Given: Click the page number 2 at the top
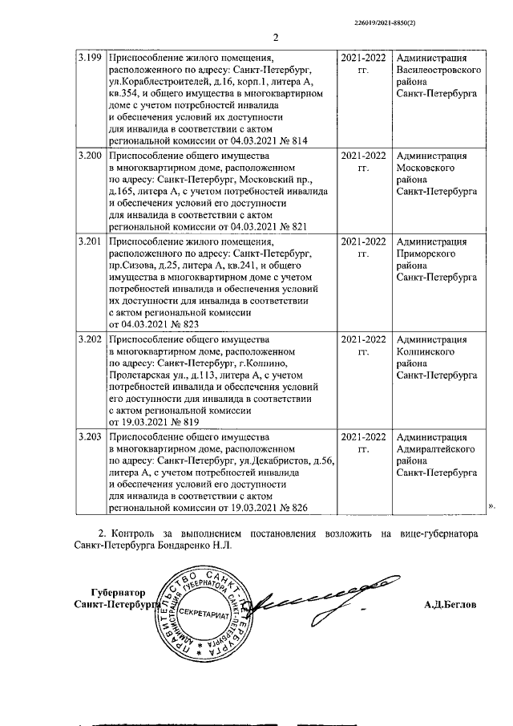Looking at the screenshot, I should (274, 37).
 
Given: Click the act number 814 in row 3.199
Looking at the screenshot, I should (300, 140).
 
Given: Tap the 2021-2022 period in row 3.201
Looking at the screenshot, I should (362, 241).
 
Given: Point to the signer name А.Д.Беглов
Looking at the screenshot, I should (450, 605).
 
